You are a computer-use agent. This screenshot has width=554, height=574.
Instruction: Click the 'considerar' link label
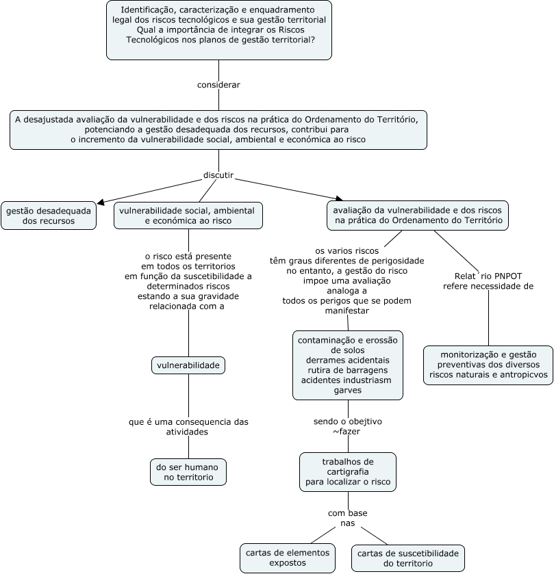point(218,85)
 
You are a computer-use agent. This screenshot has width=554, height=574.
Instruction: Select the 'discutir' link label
point(218,175)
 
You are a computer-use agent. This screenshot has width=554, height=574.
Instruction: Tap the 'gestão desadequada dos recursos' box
point(49,216)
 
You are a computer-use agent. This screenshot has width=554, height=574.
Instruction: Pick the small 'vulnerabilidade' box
point(188,366)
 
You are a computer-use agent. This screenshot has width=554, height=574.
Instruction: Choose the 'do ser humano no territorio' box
point(188,472)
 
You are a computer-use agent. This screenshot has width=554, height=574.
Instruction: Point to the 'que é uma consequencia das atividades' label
point(188,427)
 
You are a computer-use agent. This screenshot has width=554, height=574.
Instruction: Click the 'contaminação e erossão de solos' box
point(347,365)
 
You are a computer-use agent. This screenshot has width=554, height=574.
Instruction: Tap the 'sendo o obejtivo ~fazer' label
point(347,426)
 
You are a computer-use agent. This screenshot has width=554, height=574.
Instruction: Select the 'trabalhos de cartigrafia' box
point(347,472)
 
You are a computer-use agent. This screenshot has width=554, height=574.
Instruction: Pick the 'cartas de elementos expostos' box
point(288,558)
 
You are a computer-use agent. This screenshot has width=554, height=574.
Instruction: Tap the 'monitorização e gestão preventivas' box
point(488,365)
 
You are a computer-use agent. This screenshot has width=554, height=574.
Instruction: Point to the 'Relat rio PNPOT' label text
point(488,276)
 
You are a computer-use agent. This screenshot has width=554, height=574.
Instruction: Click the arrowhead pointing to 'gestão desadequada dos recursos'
point(101,202)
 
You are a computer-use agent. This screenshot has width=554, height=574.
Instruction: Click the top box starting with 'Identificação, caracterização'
point(219,30)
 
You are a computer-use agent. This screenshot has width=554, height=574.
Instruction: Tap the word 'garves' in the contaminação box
point(347,390)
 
